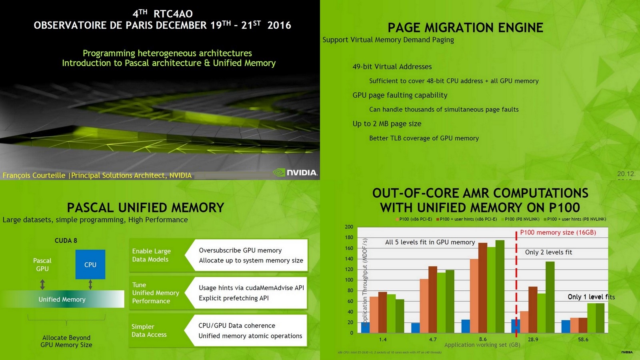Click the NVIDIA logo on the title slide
coord(296,172)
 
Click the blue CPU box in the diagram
coord(90,264)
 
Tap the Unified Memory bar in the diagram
coord(62,299)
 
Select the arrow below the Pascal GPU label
coord(42,284)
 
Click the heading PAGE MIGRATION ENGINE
coord(465,28)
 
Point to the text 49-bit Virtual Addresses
coord(392,67)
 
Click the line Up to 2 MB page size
coord(387,124)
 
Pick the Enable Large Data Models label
coord(151,255)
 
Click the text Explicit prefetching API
coord(234,298)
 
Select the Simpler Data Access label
coord(149,330)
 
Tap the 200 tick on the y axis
coord(349,227)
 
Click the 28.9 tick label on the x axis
coord(533,339)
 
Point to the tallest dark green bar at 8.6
coord(500,286)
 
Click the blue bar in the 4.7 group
coord(415,328)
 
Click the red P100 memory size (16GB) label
coord(558,232)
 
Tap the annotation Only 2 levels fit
coord(548,252)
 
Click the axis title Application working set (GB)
coord(482,345)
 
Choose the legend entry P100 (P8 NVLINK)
coord(522,219)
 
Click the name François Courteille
coord(34,175)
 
